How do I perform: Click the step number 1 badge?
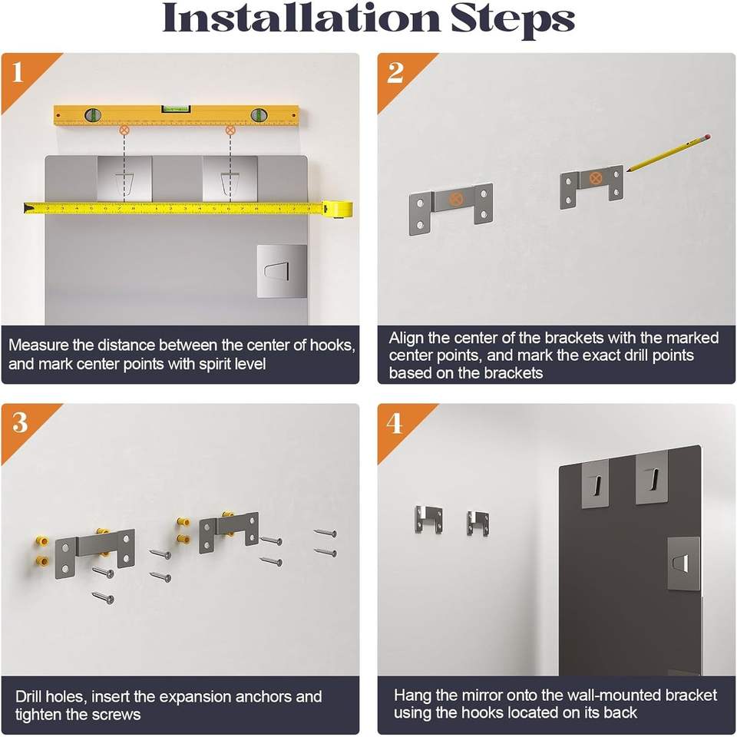pos(18,72)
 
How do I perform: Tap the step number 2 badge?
pos(395,72)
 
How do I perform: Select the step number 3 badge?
pos(20,422)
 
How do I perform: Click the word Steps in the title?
pos(512,18)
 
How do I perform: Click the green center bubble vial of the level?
pos(177,109)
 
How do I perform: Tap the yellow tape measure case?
pos(338,208)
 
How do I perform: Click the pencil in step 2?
pos(667,154)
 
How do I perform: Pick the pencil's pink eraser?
pos(707,137)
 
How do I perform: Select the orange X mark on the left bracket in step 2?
pos(454,199)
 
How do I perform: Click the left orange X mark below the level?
pos(124,129)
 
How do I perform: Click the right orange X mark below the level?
pos(230,130)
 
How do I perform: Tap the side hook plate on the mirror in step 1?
pos(282,271)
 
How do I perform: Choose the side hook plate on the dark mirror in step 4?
pos(684,563)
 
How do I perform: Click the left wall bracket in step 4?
pos(428,520)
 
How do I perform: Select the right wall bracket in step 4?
pos(478,523)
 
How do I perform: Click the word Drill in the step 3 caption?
pos(29,696)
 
